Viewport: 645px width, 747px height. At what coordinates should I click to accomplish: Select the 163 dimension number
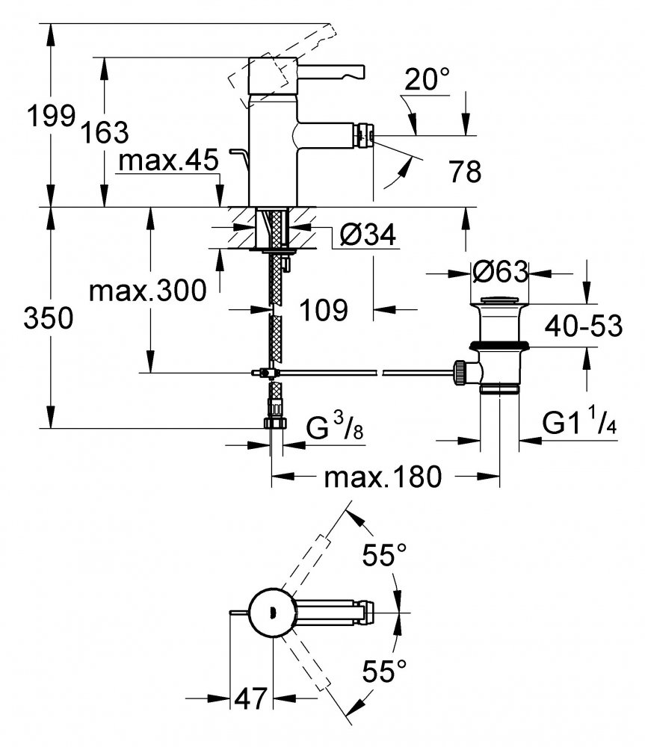point(105,132)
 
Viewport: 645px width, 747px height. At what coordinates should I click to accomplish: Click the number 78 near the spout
point(465,171)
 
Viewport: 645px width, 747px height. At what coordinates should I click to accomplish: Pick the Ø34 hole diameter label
point(368,235)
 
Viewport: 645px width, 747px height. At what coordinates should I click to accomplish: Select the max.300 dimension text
point(148,290)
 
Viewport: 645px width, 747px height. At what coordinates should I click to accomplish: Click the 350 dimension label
point(49,317)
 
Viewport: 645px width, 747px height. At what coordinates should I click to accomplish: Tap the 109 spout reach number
point(324,310)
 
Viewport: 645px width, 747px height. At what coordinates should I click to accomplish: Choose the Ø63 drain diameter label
point(500,272)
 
